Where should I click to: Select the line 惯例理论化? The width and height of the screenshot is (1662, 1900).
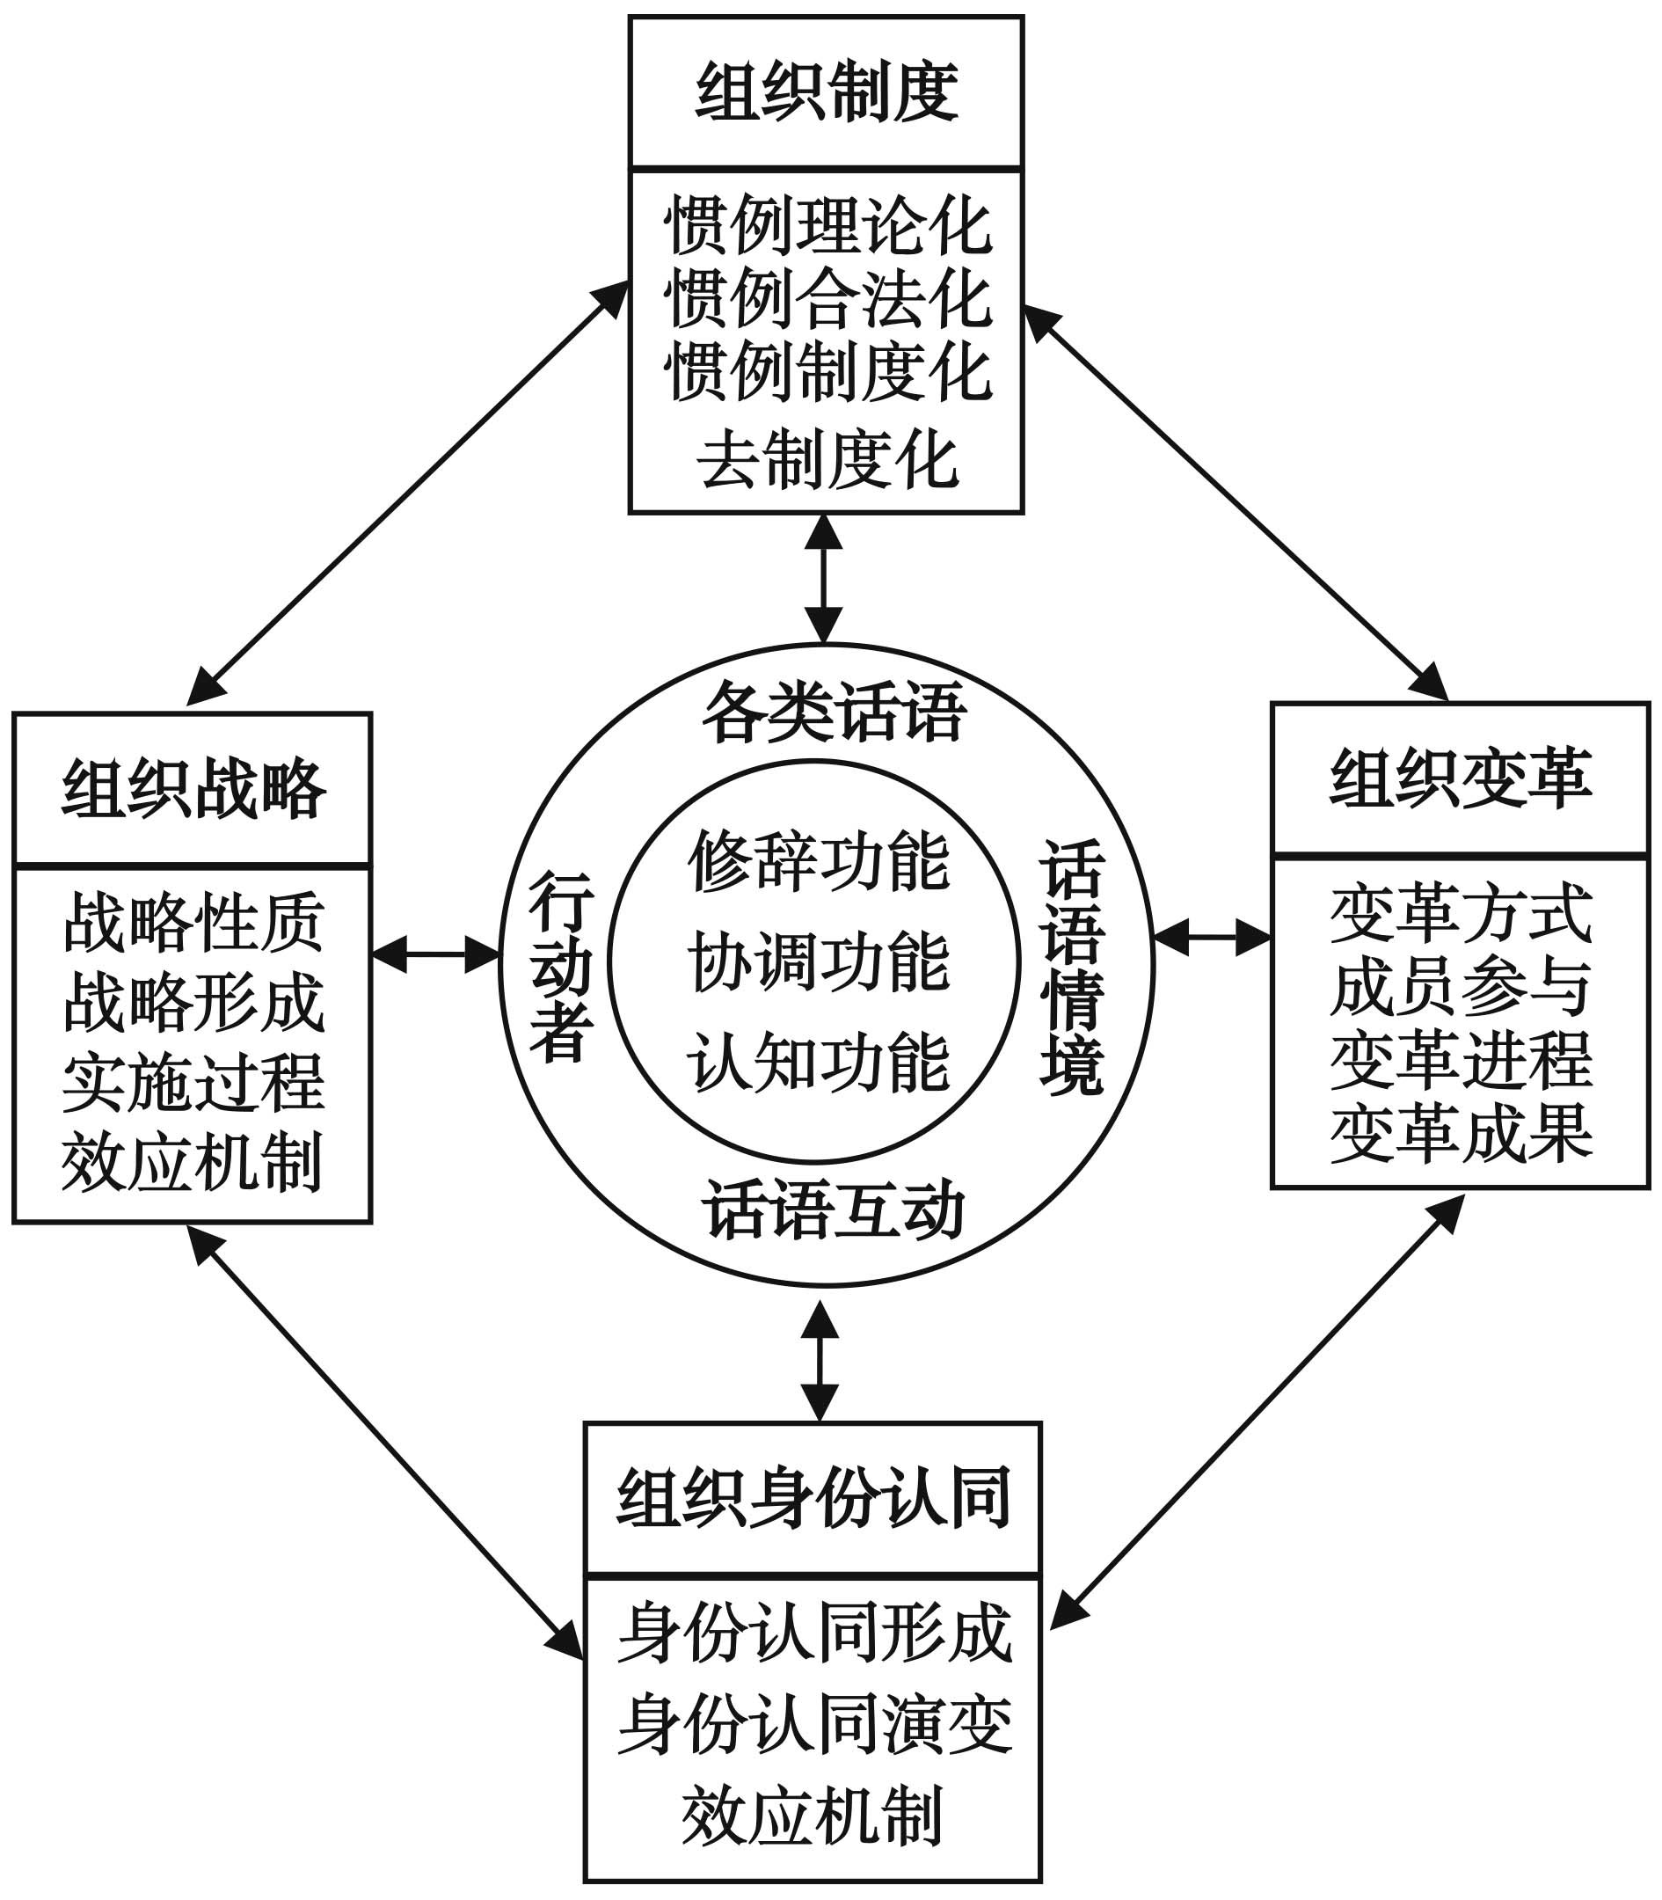tap(827, 226)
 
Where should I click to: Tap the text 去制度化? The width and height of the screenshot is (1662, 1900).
tap(827, 460)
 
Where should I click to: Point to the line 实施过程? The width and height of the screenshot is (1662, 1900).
tap(193, 1082)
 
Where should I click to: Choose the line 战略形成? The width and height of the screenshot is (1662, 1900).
tap(193, 1003)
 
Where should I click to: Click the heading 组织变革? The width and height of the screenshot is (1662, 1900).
tap(1461, 778)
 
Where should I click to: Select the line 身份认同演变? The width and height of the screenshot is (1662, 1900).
tap(813, 1724)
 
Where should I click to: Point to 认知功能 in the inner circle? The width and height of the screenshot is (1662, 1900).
tap(819, 1063)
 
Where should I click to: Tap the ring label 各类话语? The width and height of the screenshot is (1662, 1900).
tap(834, 712)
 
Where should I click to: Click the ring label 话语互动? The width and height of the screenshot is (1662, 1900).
tap(834, 1209)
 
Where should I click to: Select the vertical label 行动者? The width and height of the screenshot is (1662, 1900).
tap(561, 966)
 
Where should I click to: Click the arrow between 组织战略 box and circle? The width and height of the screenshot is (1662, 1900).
tap(436, 954)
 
